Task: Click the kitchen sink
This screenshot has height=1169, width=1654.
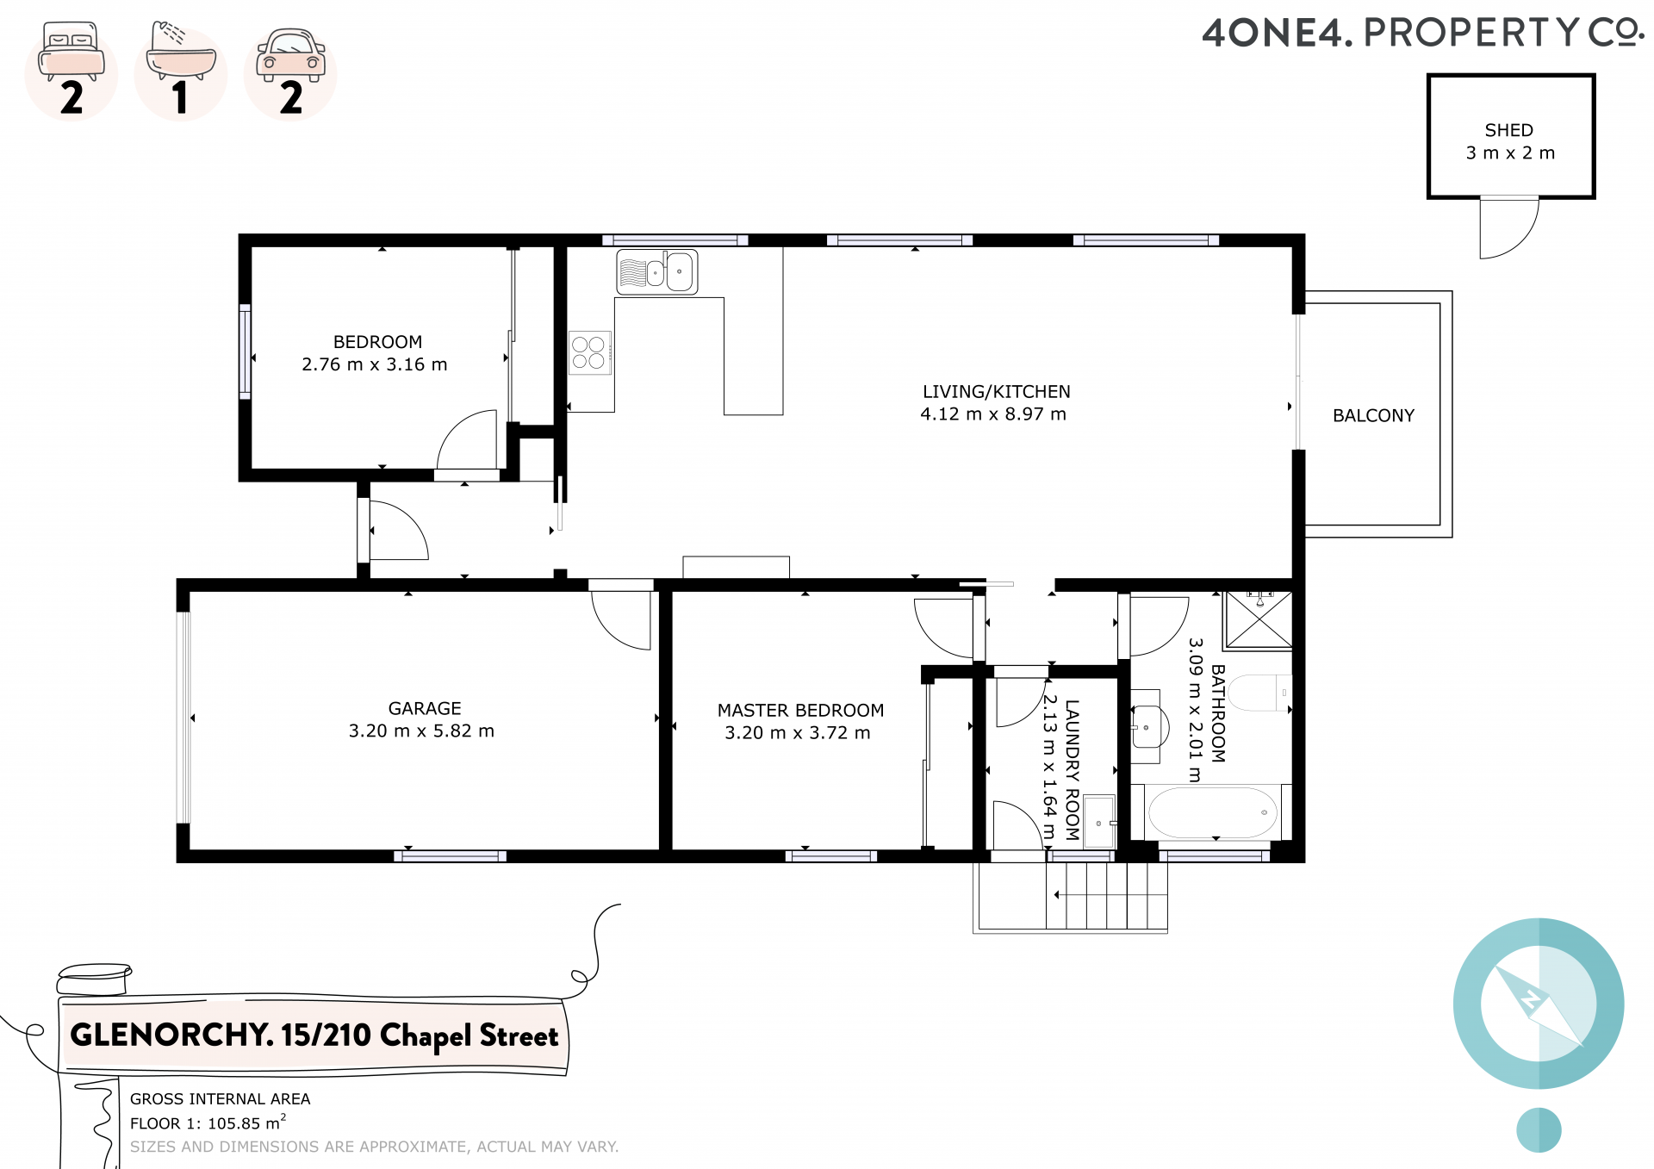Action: pyautogui.click(x=657, y=272)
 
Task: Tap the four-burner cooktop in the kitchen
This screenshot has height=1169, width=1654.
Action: pyautogui.click(x=589, y=352)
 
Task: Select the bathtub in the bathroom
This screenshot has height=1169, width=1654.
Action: pyautogui.click(x=1212, y=811)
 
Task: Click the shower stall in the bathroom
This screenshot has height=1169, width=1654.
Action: pyautogui.click(x=1259, y=619)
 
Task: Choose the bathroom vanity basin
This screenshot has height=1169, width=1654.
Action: pyautogui.click(x=1148, y=727)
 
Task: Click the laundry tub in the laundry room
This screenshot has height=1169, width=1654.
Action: pyautogui.click(x=1099, y=823)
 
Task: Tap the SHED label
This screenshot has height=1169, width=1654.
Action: pyautogui.click(x=1509, y=130)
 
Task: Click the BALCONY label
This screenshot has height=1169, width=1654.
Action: pyautogui.click(x=1373, y=415)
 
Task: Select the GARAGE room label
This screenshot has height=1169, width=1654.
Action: pyautogui.click(x=425, y=708)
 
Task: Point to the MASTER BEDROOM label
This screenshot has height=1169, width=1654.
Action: pyautogui.click(x=800, y=710)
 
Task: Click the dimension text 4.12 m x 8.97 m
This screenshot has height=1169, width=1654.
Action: pyautogui.click(x=993, y=414)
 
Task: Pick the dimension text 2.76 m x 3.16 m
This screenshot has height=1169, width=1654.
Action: pyautogui.click(x=375, y=364)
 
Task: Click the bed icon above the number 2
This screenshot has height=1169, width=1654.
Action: pyautogui.click(x=72, y=52)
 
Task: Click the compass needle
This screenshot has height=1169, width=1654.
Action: pyautogui.click(x=1539, y=1005)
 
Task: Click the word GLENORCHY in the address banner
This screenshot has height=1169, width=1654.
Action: pyautogui.click(x=171, y=1034)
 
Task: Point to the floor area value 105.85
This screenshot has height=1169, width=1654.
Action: pyautogui.click(x=233, y=1123)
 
